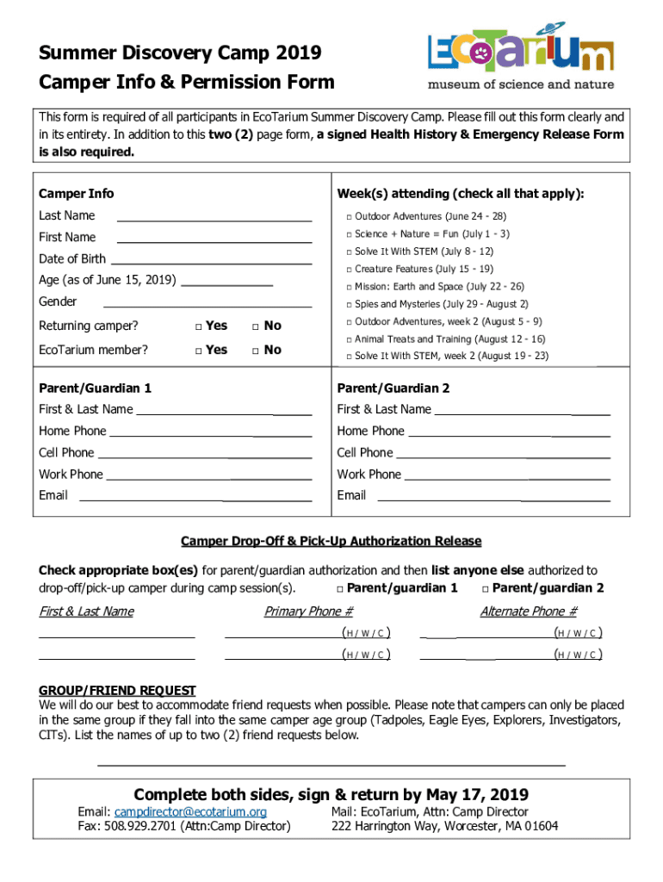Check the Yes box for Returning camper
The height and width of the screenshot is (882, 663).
[x=198, y=326]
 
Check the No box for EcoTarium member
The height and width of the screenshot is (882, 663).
[x=255, y=351]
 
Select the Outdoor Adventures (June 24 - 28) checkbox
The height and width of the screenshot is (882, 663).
[x=349, y=217]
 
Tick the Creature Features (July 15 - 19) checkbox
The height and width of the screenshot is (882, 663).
[x=349, y=270]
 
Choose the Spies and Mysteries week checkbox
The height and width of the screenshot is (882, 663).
[x=349, y=305]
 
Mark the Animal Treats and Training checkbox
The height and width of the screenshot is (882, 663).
[x=349, y=340]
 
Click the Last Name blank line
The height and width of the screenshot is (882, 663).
[x=214, y=220]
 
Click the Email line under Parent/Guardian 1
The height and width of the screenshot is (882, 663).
[x=195, y=499]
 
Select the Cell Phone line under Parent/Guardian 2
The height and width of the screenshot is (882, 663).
[x=502, y=456]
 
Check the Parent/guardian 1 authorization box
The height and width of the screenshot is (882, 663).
[x=340, y=589]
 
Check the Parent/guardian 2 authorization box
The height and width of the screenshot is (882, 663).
[x=486, y=589]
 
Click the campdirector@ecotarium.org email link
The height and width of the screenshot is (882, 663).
[x=190, y=812]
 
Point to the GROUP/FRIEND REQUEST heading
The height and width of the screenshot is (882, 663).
[x=117, y=691]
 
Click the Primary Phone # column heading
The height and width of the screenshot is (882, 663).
[x=308, y=612]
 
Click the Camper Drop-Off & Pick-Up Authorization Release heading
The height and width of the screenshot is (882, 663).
[x=331, y=541]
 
